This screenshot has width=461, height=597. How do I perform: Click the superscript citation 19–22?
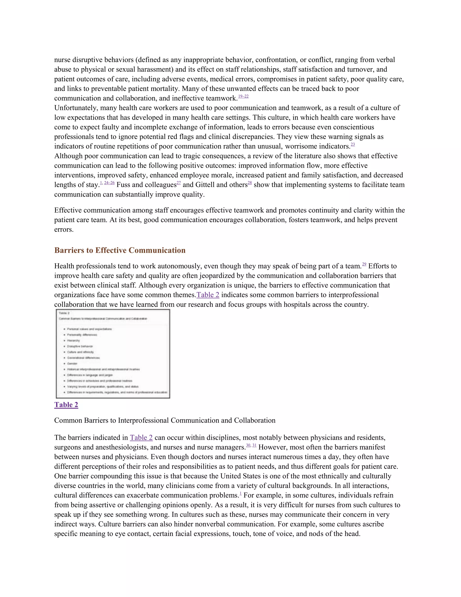243,96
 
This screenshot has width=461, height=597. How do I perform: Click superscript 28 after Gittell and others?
250,183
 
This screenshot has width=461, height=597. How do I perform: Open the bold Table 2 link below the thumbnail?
66,405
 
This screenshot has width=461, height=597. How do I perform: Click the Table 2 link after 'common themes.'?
208,295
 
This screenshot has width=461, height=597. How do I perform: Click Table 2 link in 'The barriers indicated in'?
141,438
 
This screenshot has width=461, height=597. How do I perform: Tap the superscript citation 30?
248,445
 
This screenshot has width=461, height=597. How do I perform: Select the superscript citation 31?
254,445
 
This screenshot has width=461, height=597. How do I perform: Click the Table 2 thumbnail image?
113,354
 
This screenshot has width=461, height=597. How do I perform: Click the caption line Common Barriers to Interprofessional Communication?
165,420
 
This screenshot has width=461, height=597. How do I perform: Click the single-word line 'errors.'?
64,230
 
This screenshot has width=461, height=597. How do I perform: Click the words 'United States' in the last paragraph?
240,476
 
